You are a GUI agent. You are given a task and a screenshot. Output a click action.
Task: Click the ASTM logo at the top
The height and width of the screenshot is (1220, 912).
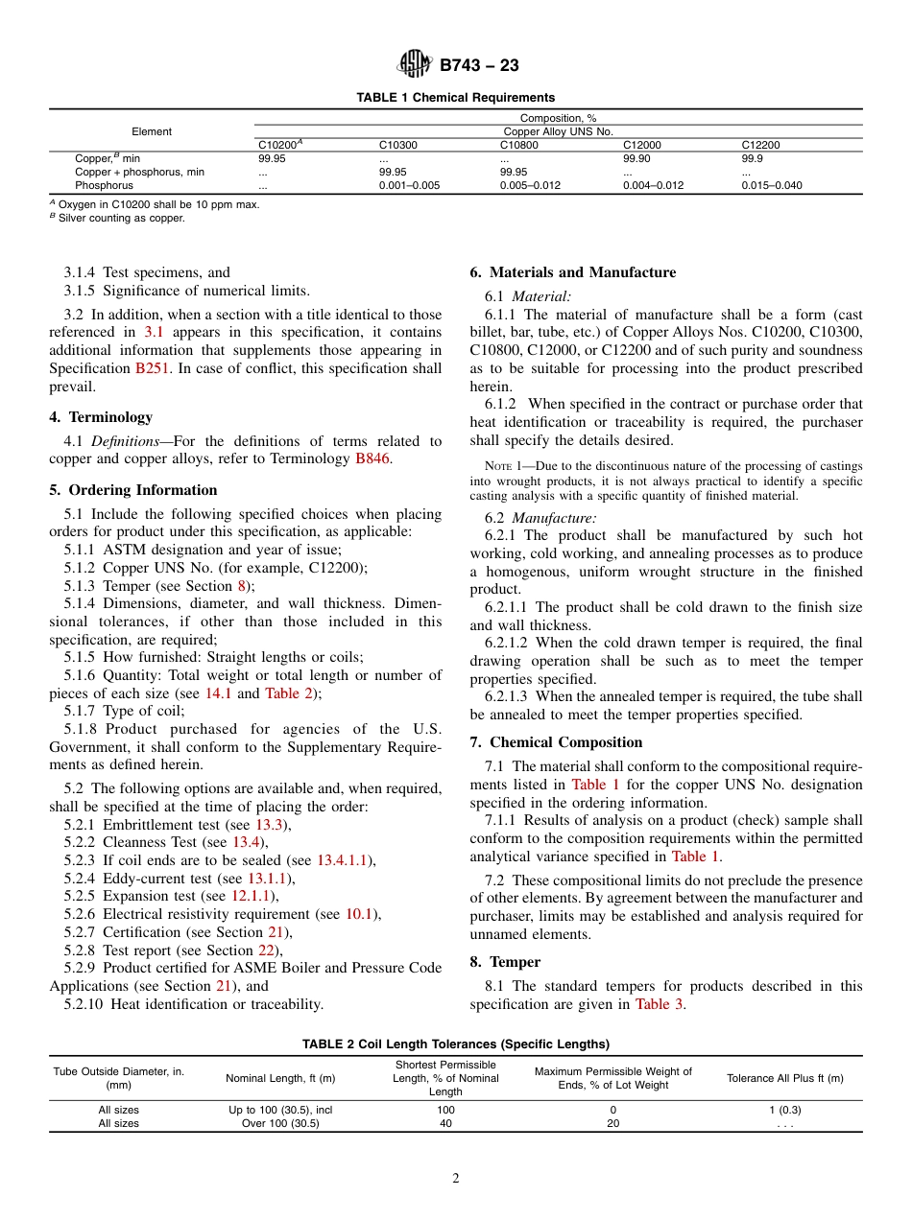[x=415, y=65]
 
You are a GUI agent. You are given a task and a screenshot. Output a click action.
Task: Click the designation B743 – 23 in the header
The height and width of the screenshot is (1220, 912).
[x=479, y=66]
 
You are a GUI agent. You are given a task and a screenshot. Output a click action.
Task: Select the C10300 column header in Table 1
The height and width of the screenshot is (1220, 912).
[x=397, y=145]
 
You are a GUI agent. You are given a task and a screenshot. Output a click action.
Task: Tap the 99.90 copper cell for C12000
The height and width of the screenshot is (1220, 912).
[x=636, y=158]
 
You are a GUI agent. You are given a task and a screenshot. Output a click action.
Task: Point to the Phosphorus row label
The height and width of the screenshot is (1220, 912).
[x=104, y=185]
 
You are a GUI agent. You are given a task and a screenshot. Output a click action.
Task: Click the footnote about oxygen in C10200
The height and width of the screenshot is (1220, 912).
[x=154, y=204]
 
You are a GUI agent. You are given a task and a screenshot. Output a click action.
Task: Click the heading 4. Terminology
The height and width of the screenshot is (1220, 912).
[x=101, y=417]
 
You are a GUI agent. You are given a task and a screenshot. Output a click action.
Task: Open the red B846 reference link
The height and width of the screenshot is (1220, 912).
[x=372, y=458]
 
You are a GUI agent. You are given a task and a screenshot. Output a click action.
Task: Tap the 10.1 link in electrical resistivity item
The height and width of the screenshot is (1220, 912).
[x=359, y=914]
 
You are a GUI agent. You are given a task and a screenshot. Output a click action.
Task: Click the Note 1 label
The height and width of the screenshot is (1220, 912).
[x=506, y=467]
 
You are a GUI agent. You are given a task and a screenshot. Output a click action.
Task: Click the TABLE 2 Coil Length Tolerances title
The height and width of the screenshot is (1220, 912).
[x=455, y=1044]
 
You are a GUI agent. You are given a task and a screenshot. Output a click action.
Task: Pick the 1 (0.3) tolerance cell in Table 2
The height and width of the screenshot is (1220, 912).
[x=784, y=1110]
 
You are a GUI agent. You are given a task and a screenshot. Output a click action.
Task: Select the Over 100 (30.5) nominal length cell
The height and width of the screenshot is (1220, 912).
[x=280, y=1123]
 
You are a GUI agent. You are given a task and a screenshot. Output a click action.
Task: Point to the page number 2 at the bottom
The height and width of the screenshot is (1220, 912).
[x=456, y=1179]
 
